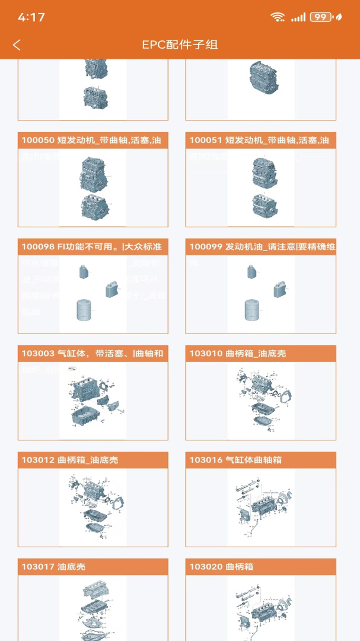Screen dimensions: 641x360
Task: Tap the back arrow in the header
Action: [x=17, y=45]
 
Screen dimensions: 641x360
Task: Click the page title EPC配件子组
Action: [x=180, y=45]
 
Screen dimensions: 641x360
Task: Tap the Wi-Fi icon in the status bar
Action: [x=278, y=17]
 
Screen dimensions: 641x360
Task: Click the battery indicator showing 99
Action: [x=321, y=17]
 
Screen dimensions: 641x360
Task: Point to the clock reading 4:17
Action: [x=31, y=17]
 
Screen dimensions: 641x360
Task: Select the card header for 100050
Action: [x=93, y=141]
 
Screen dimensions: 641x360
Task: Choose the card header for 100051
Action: [x=260, y=141]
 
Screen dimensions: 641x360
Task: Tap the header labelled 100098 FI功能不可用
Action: [x=93, y=247]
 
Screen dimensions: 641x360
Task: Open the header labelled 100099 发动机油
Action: [x=260, y=247]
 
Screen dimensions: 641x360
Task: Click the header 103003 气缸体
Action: [x=93, y=354]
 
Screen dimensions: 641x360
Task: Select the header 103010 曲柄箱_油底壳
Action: [x=260, y=354]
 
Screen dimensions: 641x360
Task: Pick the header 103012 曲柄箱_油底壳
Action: [x=93, y=460]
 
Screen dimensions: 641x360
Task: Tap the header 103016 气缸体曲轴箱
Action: [x=260, y=460]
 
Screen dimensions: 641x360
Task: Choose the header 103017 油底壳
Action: [x=93, y=567]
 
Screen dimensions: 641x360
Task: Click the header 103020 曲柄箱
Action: [x=260, y=567]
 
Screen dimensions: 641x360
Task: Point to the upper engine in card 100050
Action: [x=93, y=172]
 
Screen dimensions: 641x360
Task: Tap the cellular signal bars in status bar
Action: [x=298, y=17]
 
